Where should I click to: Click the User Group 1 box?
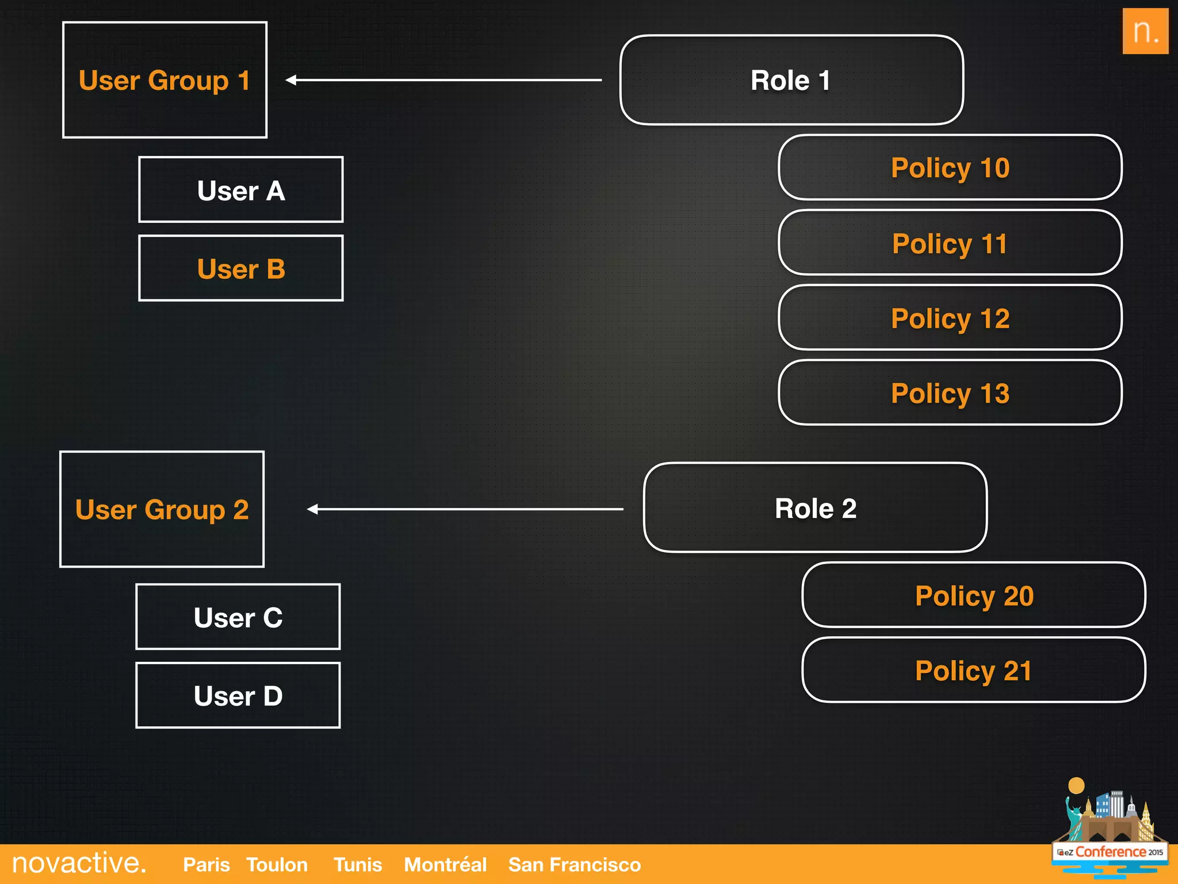coord(165,80)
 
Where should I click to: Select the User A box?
coord(240,190)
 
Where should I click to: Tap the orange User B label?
coord(240,269)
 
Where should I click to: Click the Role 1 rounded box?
coord(791,80)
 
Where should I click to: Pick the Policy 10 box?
coord(950,167)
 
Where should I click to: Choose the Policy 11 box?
coord(950,243)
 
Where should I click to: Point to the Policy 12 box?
coord(950,318)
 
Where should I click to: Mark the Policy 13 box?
coord(950,393)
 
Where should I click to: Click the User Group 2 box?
coord(162,509)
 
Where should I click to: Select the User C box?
coord(238,617)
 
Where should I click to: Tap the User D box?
coord(238,695)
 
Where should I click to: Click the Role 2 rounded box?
coord(815,508)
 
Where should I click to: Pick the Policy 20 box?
coord(974,595)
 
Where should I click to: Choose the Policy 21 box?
coord(974,670)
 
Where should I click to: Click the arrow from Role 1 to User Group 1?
coord(443,80)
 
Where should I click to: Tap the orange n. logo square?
coord(1145,31)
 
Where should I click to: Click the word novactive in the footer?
coord(79,863)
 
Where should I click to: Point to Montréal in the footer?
coord(445,864)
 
